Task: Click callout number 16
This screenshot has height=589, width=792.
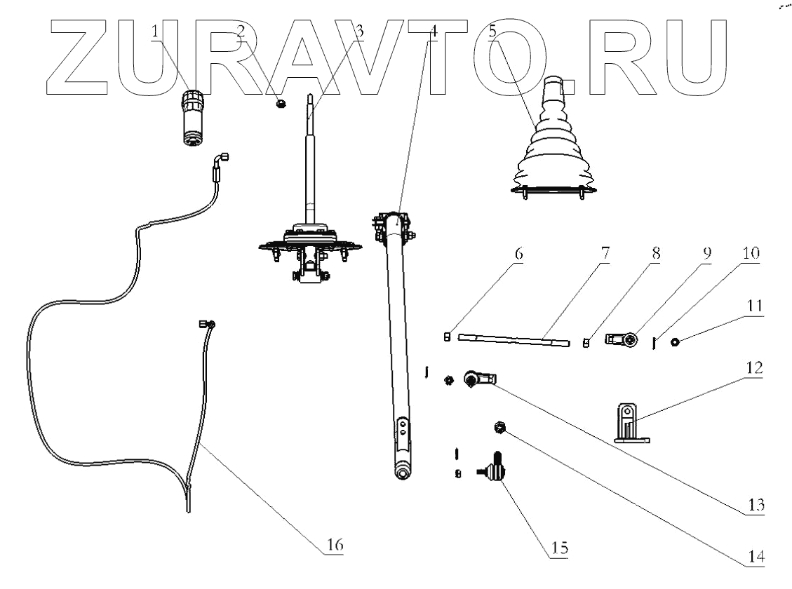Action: [335, 544]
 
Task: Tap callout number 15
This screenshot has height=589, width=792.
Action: [558, 546]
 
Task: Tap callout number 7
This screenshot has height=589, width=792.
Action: [605, 254]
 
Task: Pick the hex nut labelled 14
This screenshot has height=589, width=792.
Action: [499, 427]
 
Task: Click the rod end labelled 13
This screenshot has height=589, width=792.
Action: [478, 379]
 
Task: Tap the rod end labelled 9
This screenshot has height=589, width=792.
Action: [623, 340]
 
